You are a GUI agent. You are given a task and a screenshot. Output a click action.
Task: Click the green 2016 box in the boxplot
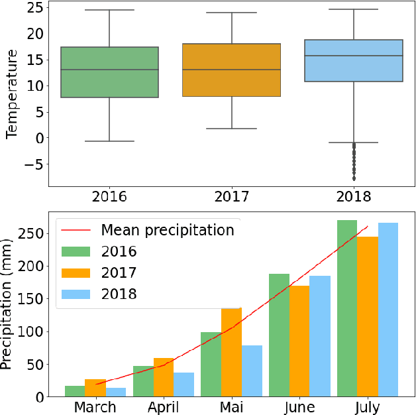point(109,72)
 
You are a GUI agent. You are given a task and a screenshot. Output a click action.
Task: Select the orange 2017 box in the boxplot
point(232,70)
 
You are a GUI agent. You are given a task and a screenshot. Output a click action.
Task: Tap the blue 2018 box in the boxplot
point(354,60)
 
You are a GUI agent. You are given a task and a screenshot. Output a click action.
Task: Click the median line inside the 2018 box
point(354,56)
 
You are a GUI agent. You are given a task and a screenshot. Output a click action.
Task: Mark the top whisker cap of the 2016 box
point(109,10)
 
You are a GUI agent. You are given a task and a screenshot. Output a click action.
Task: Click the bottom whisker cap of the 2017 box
point(232,128)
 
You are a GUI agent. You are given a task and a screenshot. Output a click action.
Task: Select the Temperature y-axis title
point(11,97)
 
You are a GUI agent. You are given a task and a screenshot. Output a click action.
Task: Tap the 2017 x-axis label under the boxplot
point(232,197)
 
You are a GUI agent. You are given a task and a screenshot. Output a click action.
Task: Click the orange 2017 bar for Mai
point(231,352)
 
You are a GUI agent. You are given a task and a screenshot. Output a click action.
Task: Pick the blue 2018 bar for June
point(319,336)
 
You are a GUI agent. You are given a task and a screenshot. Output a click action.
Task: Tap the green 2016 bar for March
point(74,391)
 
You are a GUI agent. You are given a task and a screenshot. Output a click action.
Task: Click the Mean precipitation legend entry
point(167,230)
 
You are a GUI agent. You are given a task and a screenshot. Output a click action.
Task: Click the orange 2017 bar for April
point(163,377)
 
